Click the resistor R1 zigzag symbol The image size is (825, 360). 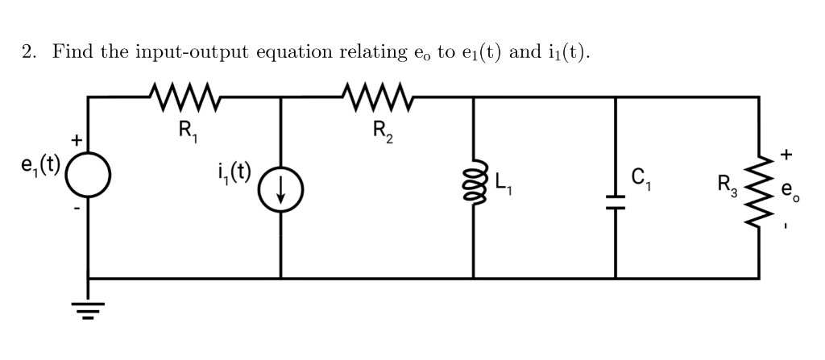point(184,96)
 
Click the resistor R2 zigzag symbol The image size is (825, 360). point(378,96)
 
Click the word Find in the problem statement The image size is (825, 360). point(73,52)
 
